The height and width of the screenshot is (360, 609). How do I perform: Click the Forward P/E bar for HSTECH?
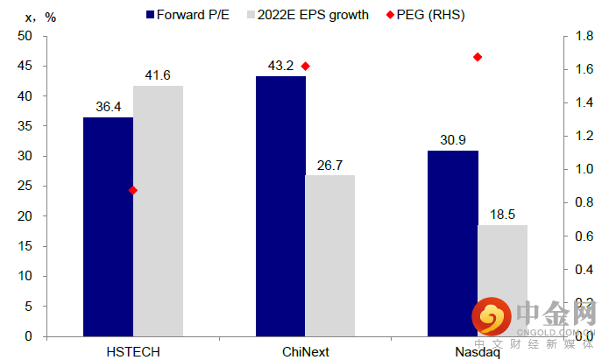108,226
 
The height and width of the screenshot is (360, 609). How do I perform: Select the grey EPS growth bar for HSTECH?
158,210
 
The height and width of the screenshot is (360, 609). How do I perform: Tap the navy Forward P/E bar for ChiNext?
280,206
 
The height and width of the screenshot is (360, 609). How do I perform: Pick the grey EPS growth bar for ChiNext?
330,255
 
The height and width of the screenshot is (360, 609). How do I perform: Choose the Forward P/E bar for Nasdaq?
453,243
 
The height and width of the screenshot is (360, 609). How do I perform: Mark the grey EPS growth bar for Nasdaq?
503,280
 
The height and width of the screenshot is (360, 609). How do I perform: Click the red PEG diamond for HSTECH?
133,190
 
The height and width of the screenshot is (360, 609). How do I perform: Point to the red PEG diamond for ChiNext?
305,67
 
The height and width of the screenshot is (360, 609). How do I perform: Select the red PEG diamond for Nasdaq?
478,57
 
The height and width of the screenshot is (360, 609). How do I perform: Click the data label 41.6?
158,75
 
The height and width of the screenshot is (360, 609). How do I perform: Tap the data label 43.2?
280,66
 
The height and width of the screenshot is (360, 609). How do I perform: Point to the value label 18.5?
503,215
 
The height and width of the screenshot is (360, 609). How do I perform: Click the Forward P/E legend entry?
187,15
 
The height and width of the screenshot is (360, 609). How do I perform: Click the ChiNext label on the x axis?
305,351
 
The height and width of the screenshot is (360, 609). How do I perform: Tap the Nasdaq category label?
478,351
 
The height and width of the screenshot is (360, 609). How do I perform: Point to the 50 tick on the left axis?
25,36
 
